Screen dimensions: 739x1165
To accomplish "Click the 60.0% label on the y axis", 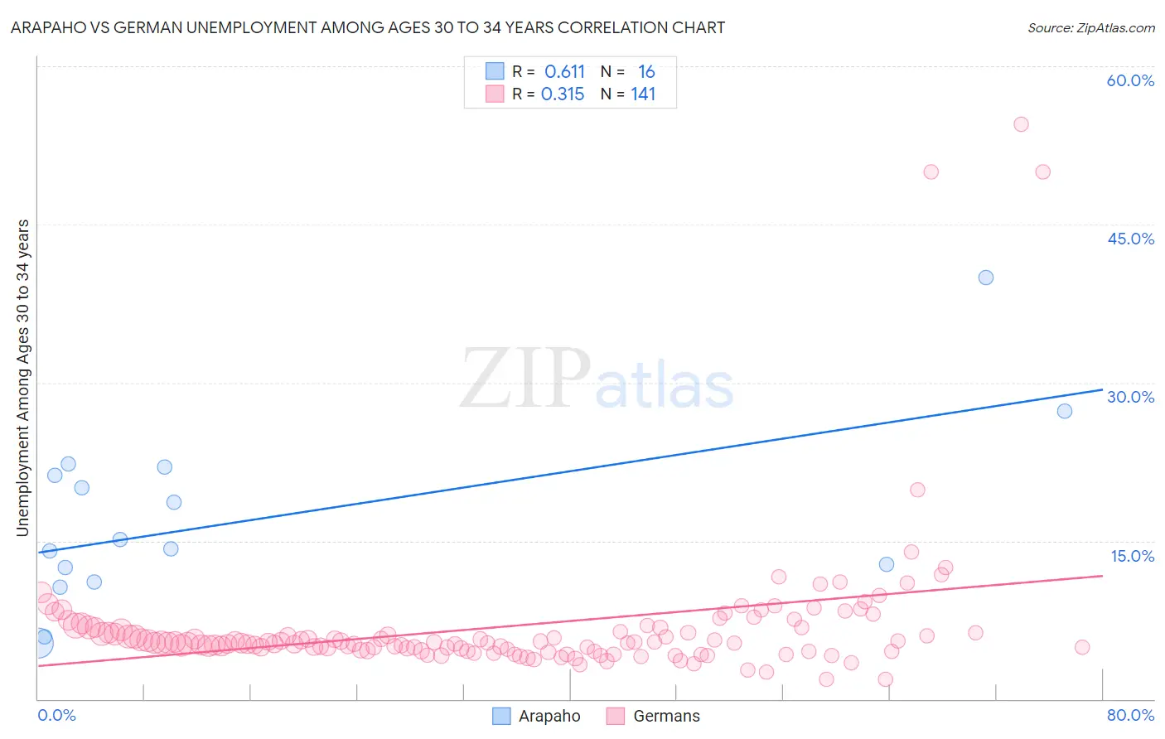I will tap(1130, 80).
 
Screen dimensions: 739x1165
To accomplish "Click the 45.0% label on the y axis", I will tap(1130, 239).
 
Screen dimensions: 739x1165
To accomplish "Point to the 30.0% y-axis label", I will tap(1130, 397).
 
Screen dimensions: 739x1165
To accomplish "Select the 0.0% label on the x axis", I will tap(56, 715).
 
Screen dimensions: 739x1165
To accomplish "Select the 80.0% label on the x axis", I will tap(1130, 715).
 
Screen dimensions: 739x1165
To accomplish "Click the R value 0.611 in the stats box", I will tap(564, 72).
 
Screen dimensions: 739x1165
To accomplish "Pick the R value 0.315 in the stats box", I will tap(563, 94).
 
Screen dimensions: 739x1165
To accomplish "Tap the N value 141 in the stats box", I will tap(643, 94).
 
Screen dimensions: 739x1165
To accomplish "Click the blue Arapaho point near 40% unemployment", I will tap(985, 278).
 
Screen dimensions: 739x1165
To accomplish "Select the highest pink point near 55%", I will tap(1021, 124).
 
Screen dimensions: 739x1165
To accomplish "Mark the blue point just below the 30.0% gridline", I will tap(1065, 411).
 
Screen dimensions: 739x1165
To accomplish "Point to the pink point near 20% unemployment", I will tap(917, 490).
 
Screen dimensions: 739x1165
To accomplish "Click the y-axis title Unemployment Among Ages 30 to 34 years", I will tap(23, 378).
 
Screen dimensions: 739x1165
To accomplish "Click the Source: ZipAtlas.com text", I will tap(1090, 28).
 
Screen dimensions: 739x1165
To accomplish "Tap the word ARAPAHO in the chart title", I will tap(46, 28).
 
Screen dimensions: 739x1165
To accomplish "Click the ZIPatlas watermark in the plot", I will tap(597, 379).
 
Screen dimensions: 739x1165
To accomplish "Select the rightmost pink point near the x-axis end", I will tap(1081, 647).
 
